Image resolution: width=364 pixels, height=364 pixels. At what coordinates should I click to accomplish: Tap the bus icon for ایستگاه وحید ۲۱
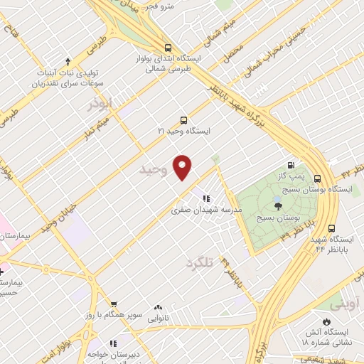pos(184,120)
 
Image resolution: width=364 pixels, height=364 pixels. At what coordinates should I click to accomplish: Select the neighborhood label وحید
pos(153,170)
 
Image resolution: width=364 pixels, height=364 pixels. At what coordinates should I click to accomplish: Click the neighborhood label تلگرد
pos(199,262)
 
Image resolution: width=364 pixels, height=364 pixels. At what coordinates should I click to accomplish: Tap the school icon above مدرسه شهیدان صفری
pos(206,199)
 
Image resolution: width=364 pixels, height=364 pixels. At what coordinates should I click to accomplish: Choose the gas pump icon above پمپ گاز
pos(290,164)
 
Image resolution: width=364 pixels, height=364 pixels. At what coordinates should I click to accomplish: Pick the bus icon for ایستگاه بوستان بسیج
pos(317,178)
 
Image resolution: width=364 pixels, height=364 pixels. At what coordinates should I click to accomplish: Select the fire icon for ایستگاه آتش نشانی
pos(326,321)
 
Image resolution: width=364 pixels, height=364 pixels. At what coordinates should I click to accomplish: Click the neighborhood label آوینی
pos(345,304)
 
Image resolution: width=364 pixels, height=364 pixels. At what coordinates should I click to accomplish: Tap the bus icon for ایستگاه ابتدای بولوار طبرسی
pos(166,43)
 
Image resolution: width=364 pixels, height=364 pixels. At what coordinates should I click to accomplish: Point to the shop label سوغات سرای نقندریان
pos(64,82)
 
